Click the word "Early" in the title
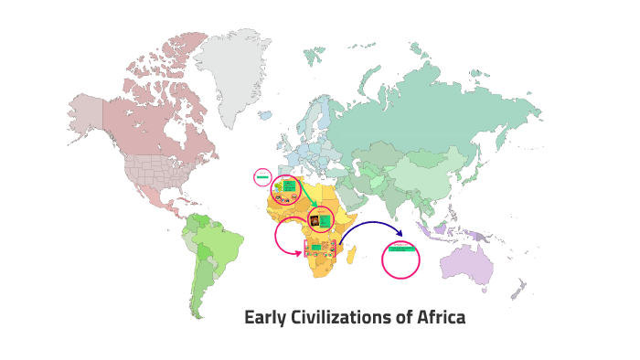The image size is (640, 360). pyautogui.click(x=265, y=318)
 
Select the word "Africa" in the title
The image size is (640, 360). pyautogui.click(x=442, y=318)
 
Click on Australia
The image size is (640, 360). pyautogui.click(x=465, y=267)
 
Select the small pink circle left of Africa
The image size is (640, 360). pyautogui.click(x=262, y=176)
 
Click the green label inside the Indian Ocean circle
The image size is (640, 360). pyautogui.click(x=401, y=249)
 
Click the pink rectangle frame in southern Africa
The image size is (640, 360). pyautogui.click(x=321, y=249)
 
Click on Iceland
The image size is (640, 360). pyautogui.click(x=265, y=116)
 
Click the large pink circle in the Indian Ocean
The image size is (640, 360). pyautogui.click(x=400, y=259)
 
